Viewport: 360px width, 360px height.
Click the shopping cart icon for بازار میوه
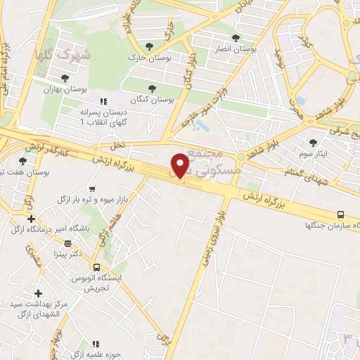point(91,188)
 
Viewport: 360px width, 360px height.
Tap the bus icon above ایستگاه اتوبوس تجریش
point(96,267)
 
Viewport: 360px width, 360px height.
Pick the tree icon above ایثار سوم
point(313,143)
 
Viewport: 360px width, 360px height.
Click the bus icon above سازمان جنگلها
point(340,214)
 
